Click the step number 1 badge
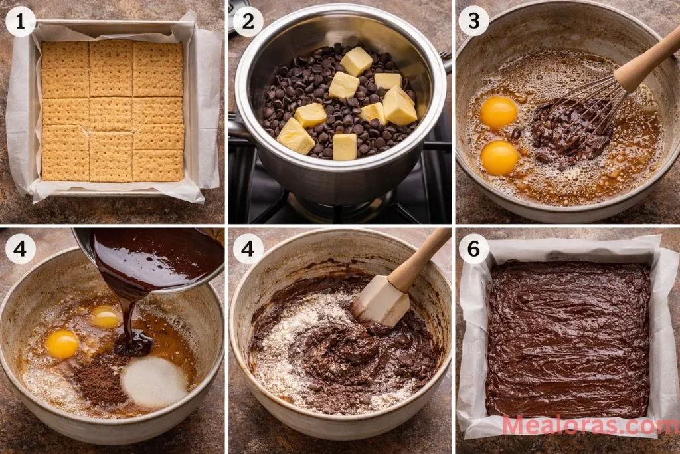(x=20, y=22)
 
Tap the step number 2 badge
(x=248, y=22)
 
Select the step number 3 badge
(x=473, y=22)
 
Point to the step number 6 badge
(x=473, y=249)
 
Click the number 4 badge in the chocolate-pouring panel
(x=20, y=249)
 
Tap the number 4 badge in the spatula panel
(x=248, y=249)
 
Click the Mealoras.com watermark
(x=590, y=425)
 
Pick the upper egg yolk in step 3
(x=499, y=112)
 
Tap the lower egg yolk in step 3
(x=499, y=158)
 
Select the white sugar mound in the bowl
(x=154, y=382)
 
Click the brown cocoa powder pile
(x=100, y=380)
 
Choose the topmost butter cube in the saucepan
(x=357, y=61)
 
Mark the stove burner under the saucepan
(x=332, y=203)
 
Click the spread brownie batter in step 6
(x=568, y=339)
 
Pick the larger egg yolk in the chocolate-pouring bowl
(x=62, y=344)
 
